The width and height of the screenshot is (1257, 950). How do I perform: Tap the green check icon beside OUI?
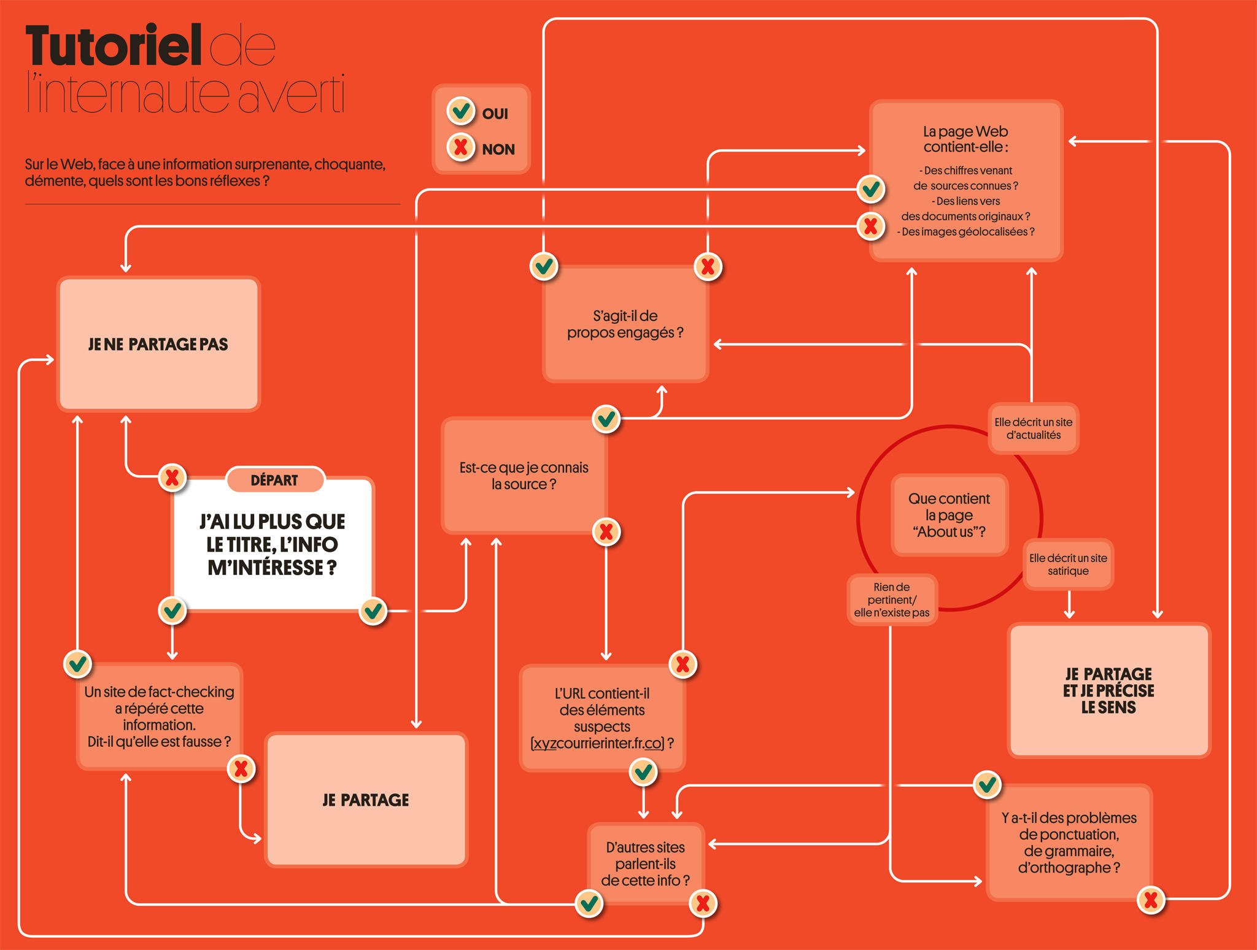click(x=460, y=111)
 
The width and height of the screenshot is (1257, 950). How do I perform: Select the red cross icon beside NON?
click(x=460, y=147)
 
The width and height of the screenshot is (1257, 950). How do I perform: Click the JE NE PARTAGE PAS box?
click(x=158, y=344)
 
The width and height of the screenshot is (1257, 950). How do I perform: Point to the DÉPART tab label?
click(x=274, y=481)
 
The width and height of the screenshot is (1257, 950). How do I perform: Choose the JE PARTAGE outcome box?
click(x=366, y=800)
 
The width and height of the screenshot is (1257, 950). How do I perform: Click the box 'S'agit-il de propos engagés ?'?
click(x=625, y=324)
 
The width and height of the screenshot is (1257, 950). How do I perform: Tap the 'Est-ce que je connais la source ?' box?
click(x=524, y=476)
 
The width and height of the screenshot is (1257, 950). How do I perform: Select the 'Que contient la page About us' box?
click(x=949, y=515)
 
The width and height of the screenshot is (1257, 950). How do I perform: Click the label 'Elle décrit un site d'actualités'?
click(x=1033, y=428)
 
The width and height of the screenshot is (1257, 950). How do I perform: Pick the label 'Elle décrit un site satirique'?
click(x=1068, y=565)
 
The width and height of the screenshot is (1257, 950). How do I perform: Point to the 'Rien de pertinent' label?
click(x=892, y=600)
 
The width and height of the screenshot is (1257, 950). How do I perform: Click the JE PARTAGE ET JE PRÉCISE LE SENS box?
click(x=1108, y=690)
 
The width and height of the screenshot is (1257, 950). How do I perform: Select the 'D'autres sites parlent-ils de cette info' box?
click(x=645, y=863)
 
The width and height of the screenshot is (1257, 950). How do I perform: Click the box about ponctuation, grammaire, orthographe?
click(x=1069, y=843)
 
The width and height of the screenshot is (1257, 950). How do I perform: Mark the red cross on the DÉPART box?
click(x=172, y=477)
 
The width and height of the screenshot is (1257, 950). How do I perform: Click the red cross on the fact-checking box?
click(x=241, y=769)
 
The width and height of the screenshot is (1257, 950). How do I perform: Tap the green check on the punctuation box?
click(x=987, y=784)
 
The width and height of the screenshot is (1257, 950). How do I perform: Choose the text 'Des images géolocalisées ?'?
click(x=965, y=232)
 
